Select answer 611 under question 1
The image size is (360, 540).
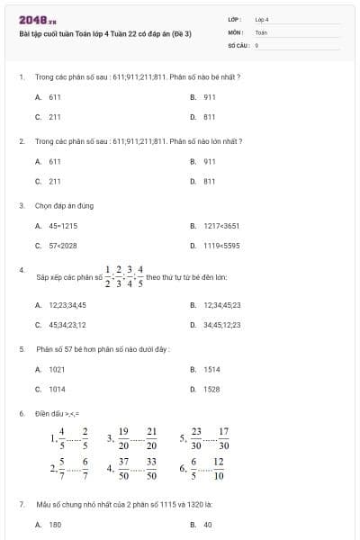click(x=55, y=96)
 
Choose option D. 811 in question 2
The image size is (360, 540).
click(x=209, y=181)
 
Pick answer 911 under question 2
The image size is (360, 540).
click(x=209, y=161)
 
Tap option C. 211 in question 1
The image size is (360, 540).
click(x=55, y=116)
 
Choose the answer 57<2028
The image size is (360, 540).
click(x=63, y=245)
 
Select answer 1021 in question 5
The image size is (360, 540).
click(x=57, y=369)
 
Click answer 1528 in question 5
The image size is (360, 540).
click(x=211, y=389)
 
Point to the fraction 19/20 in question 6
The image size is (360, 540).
click(x=123, y=437)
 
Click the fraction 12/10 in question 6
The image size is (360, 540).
click(x=219, y=468)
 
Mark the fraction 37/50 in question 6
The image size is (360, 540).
click(x=123, y=468)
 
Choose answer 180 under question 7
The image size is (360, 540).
click(x=55, y=524)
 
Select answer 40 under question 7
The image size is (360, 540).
click(x=207, y=524)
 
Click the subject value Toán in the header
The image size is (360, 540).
click(x=262, y=31)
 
